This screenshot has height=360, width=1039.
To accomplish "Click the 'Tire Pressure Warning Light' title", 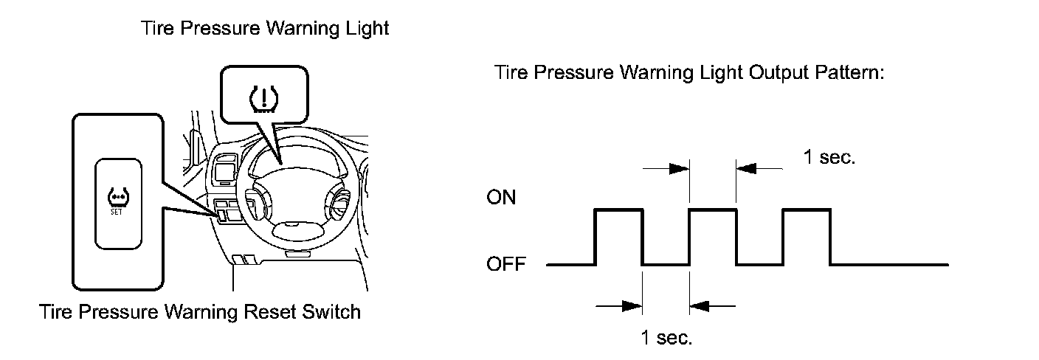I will click(264, 29).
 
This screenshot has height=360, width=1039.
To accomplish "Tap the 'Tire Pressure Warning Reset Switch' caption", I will click(200, 312).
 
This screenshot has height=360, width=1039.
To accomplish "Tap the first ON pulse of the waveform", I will click(619, 210).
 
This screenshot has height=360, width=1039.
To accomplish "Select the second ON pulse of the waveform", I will click(713, 210).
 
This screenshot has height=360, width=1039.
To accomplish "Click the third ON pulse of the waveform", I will click(807, 210).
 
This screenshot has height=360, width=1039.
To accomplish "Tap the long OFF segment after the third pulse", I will click(889, 263).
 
